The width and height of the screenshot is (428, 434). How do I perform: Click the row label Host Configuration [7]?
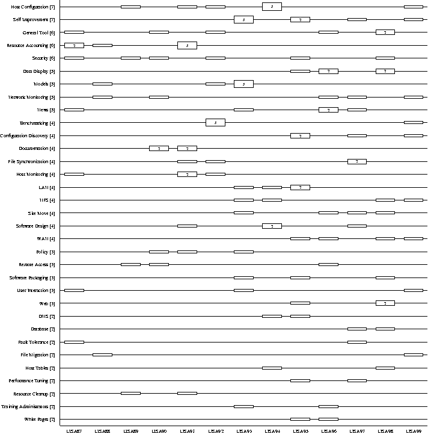pos(33,7)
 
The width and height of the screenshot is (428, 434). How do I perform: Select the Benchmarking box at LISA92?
pos(215,123)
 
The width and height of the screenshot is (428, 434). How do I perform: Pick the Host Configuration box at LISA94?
pos(272,7)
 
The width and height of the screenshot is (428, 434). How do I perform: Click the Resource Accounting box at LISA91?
pos(187,45)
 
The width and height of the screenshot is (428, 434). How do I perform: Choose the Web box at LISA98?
pos(385,303)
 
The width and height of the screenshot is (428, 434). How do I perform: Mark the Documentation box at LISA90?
pos(159,148)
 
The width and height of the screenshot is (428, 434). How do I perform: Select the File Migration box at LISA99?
pos(413,355)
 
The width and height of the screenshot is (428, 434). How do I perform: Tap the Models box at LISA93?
pos(243,84)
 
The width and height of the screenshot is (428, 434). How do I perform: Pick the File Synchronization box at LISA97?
pos(356,161)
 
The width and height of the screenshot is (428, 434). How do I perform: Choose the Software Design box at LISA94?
pos(272,226)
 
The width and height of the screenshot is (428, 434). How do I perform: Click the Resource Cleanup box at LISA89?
pos(130,393)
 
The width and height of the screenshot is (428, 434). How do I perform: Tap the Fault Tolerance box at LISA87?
pos(74,342)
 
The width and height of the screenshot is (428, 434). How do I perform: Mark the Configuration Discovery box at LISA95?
pos(300,135)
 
